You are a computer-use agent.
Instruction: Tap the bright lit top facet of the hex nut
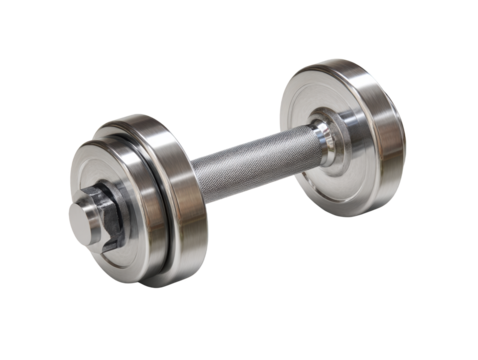(x=95, y=195)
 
